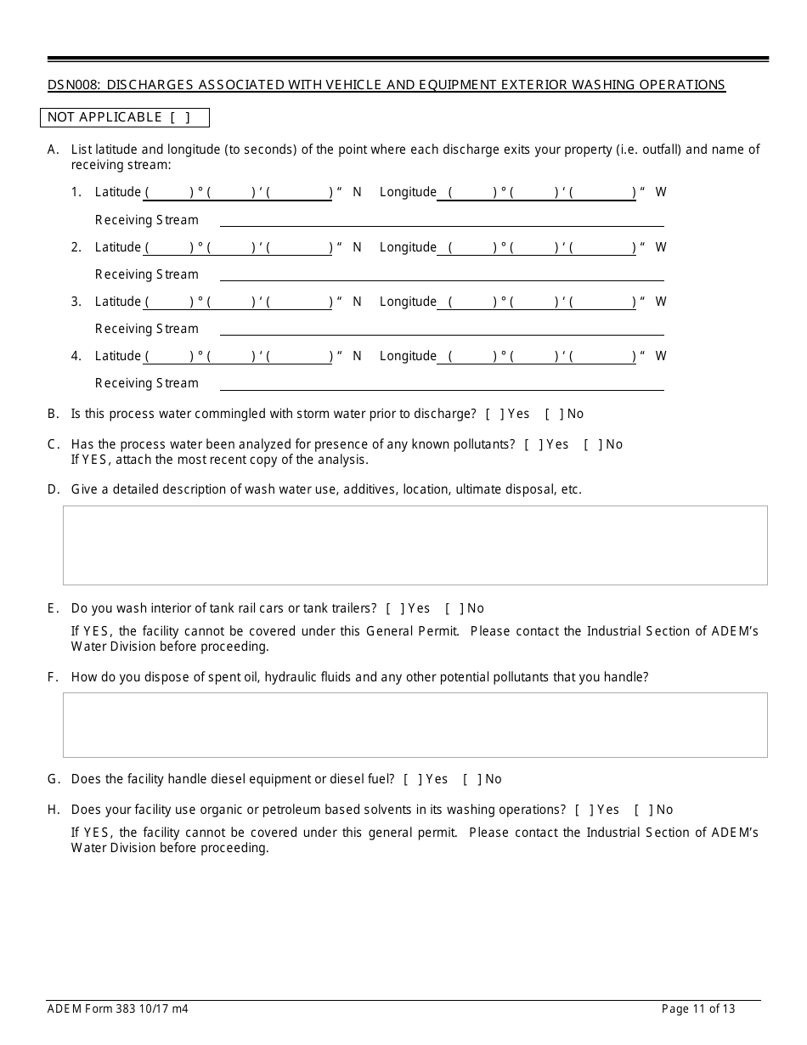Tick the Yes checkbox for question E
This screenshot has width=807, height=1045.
pos(394,608)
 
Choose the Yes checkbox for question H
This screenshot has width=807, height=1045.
pos(584,810)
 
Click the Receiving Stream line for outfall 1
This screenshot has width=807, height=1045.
pos(442,220)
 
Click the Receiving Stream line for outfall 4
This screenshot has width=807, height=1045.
pos(442,383)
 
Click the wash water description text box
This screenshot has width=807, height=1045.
pos(415,545)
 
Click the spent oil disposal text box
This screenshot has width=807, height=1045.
pos(415,725)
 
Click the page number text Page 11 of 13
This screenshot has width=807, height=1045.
pos(698,1009)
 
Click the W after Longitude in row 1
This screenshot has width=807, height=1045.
pos(661,192)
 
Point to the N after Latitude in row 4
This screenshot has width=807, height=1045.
pos(357,356)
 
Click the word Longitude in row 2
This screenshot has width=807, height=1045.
pos(408,247)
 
